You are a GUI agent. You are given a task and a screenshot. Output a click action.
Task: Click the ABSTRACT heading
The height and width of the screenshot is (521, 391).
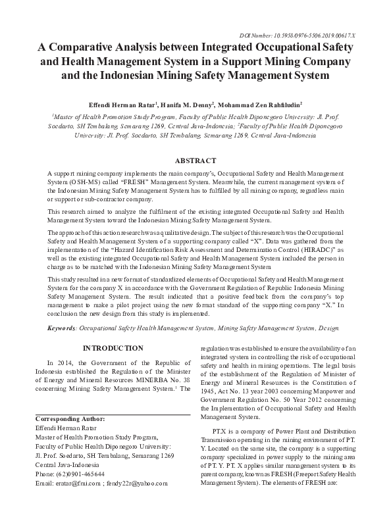[x=195, y=161]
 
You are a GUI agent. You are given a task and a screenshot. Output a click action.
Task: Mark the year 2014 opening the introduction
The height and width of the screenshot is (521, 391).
[x=66, y=362]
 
